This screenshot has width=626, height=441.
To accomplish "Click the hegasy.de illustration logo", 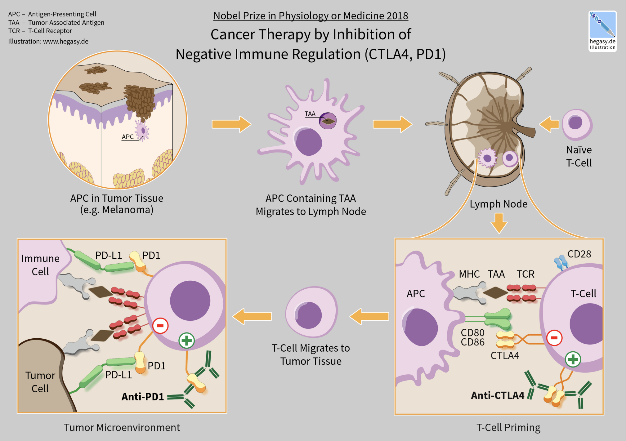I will (602, 31).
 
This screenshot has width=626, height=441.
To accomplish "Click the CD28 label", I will (579, 254).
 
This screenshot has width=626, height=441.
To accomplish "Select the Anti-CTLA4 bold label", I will (497, 395).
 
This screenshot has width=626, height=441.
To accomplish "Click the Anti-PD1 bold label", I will (142, 397).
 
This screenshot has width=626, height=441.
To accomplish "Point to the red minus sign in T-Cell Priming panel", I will (554, 338).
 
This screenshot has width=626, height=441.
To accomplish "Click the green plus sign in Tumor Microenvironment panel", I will (186, 341).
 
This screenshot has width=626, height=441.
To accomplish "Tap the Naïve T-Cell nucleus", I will (575, 122).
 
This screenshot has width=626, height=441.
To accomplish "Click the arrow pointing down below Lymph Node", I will (499, 223).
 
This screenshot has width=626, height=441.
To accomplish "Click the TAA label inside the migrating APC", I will (310, 114).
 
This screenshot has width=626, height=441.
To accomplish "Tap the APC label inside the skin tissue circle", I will (127, 137).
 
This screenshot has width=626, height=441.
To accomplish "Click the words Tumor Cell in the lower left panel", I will (40, 382).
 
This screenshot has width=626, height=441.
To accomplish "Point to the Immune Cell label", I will (40, 265).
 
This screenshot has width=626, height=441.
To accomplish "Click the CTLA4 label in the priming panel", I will (505, 355).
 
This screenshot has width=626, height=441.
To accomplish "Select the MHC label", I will (469, 274).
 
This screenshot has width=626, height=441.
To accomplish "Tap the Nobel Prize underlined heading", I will (311, 16).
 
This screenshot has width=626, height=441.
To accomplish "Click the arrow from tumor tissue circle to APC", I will (231, 124).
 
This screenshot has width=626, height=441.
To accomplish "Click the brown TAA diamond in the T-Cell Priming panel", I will (495, 292).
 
